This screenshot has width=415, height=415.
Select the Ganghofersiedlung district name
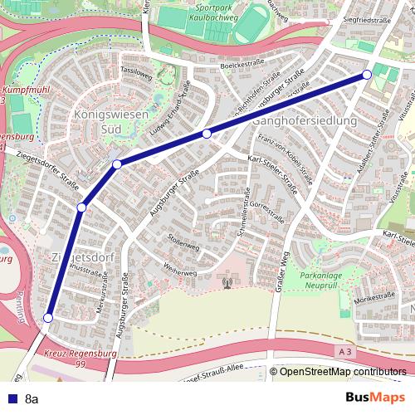[303, 120]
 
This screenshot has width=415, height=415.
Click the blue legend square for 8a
[9, 398]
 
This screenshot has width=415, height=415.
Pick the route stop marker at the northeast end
[367, 76]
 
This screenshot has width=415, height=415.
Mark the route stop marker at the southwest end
[48, 318]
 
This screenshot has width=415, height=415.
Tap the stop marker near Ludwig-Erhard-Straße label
[207, 133]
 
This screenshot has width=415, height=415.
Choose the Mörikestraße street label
[376, 296]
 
